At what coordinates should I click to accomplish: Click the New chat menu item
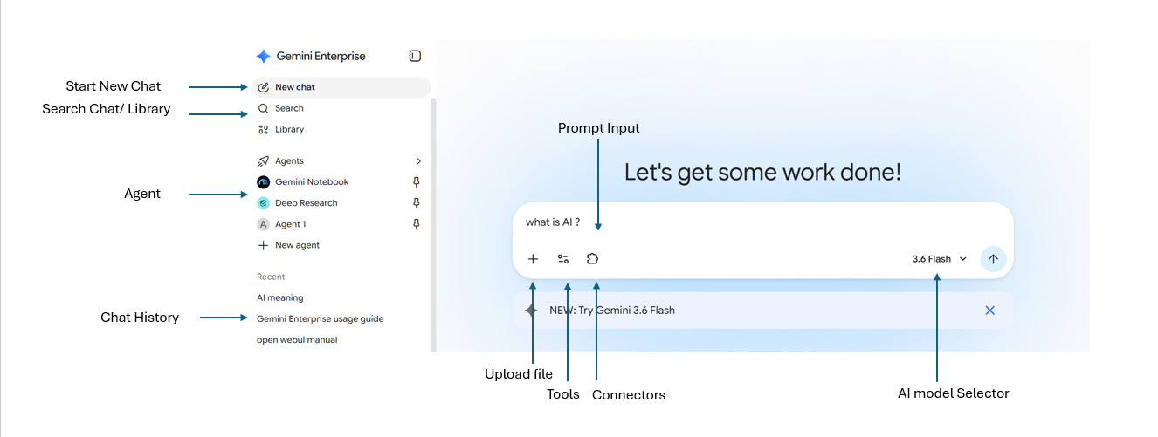pos(341,87)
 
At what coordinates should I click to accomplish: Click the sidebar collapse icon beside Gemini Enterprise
pos(415,56)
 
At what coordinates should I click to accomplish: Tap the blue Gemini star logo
pos(264,57)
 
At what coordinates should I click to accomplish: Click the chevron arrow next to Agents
pos(418,161)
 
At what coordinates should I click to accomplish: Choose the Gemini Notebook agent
pos(302,181)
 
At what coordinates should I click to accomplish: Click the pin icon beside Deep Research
pos(417,203)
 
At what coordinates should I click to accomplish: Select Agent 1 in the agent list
pos(282,224)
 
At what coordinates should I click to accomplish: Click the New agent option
pos(288,245)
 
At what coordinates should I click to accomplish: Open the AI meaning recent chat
pos(280,297)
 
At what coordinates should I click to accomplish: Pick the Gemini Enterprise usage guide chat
pos(320,318)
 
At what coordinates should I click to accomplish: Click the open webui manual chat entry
pos(297,340)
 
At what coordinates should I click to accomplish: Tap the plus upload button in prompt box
pos(533,259)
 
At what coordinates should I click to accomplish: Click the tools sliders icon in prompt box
pos(563,259)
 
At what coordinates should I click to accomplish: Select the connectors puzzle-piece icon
pos(592,259)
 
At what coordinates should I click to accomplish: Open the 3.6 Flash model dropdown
pos(940,259)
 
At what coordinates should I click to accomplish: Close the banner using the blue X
pos(990,311)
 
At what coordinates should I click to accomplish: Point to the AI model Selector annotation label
pos(954,393)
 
